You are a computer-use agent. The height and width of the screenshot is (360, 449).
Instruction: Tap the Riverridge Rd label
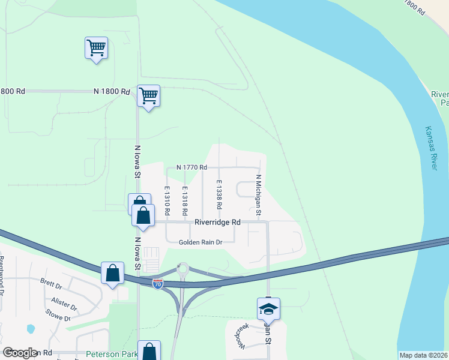[217, 222]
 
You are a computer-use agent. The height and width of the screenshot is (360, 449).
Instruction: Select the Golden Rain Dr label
[200, 242]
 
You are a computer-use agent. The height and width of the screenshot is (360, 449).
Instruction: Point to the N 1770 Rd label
[192, 167]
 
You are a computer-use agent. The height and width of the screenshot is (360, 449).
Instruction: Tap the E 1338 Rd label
[219, 194]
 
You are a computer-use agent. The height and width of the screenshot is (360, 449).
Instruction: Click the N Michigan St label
[259, 195]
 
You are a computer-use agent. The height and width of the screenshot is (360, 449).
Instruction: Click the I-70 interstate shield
[157, 284]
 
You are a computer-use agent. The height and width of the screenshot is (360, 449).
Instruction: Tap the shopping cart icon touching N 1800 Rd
[148, 95]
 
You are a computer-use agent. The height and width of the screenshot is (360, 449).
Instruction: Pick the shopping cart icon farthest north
[96, 47]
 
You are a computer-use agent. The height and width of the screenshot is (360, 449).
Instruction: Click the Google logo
[20, 353]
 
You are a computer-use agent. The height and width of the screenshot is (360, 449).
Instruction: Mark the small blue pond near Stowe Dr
[31, 329]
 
